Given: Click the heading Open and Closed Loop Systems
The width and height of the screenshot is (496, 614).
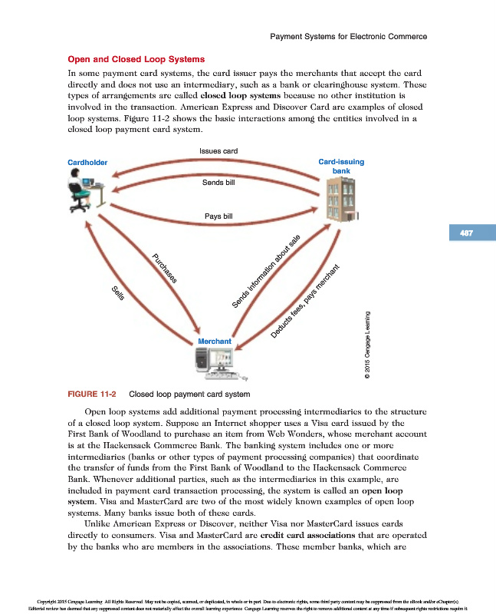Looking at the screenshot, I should (136, 59).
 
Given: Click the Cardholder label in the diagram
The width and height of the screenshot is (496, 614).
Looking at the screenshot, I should (87, 163).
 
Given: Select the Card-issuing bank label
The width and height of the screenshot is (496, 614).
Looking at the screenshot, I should (341, 167).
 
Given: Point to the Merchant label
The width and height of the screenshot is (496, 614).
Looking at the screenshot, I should (215, 339).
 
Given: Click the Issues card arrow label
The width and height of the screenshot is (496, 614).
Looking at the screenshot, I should (218, 151).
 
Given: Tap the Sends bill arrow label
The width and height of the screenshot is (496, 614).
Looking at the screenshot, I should (218, 183).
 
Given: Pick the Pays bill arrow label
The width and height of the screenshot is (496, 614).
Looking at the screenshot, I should (218, 216).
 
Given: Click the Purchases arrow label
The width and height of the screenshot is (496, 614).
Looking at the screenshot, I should (165, 269).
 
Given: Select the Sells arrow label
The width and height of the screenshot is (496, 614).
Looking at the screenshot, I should (118, 292).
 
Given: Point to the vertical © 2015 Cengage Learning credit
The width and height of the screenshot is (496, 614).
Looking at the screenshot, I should (369, 343).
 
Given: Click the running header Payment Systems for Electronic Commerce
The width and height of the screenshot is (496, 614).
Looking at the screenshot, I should (349, 36).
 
